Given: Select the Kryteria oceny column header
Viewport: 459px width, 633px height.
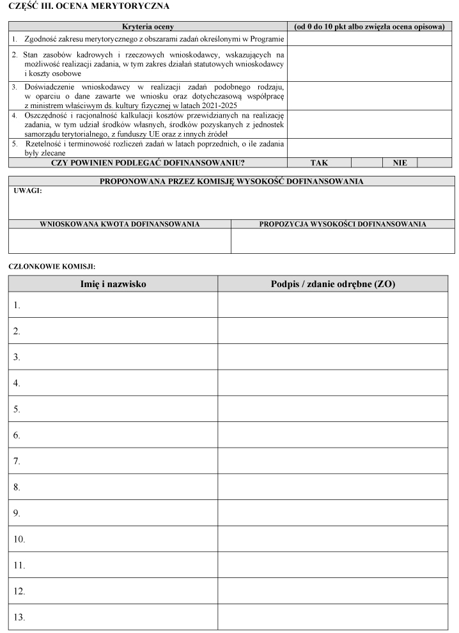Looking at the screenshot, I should click(148, 27).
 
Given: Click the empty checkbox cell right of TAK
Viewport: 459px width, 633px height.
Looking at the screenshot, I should click(367, 163).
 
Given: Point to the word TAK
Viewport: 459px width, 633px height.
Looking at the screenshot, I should click(319, 163).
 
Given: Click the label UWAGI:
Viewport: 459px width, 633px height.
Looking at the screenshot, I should click(27, 191).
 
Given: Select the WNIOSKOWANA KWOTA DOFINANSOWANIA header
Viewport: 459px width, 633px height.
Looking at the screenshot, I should click(120, 224).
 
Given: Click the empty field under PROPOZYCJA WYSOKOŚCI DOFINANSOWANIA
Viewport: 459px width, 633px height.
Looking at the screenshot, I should click(342, 241).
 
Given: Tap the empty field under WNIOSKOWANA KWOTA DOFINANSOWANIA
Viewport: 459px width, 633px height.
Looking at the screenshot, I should click(120, 241).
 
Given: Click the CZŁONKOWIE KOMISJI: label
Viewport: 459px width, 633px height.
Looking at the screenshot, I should click(52, 265).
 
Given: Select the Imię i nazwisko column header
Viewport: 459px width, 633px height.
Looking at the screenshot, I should click(113, 284).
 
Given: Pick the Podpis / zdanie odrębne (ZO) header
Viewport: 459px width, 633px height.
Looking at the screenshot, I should click(333, 284).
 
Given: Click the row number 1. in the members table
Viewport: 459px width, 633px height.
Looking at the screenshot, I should click(17, 306).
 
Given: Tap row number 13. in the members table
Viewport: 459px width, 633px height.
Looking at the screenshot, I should click(19, 618).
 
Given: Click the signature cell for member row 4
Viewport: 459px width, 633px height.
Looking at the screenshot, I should click(333, 383).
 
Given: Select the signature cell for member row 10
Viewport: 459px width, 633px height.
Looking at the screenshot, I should click(333, 539).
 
